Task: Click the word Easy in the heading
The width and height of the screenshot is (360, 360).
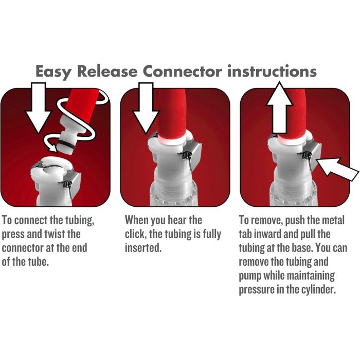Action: [x=53, y=71]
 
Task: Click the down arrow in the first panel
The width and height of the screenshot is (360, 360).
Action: [x=39, y=107]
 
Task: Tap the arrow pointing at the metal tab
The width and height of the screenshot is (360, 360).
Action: [x=337, y=169]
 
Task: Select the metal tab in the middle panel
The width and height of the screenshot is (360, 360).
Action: [x=193, y=156]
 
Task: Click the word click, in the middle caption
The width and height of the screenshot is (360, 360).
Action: [x=135, y=235]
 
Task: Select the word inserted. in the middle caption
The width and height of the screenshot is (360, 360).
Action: [x=143, y=248]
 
